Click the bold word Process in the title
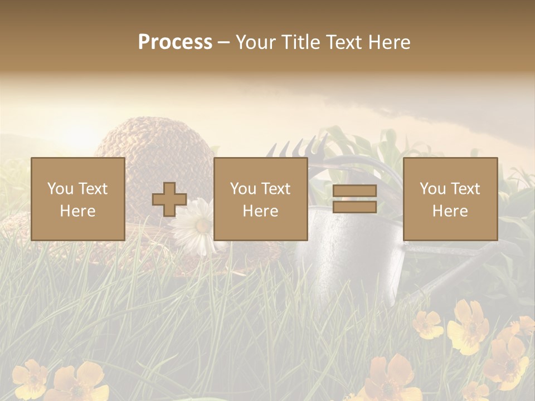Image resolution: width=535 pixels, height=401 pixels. (x=175, y=42)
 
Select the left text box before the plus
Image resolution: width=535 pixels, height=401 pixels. (x=78, y=199)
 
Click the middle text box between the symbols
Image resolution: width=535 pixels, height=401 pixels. (x=261, y=199)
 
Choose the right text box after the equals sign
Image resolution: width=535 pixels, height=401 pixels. (x=450, y=199)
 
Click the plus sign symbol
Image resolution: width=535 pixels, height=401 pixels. (x=169, y=199)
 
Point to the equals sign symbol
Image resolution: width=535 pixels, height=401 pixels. (x=354, y=199)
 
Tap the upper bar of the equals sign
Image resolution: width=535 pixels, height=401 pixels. (x=354, y=191)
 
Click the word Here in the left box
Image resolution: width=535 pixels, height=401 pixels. (x=78, y=211)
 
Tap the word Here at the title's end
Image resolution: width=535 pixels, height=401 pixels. (x=388, y=42)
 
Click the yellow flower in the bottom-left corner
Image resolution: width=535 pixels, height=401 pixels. (x=31, y=379)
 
